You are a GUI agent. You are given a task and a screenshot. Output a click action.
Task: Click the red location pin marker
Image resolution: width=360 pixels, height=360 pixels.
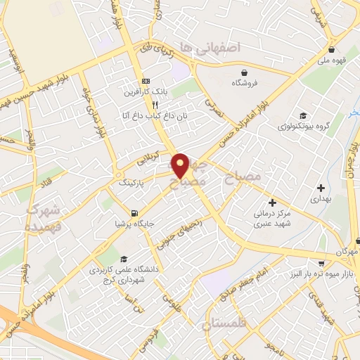point(181,165)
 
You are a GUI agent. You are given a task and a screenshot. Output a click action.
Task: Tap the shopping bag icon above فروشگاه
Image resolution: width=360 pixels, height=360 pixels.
point(244,72)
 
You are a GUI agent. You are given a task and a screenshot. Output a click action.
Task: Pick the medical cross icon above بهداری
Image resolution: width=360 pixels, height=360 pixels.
point(321,188)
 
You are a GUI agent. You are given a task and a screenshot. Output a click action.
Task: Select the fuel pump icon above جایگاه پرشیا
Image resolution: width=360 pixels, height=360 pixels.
point(134,212)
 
